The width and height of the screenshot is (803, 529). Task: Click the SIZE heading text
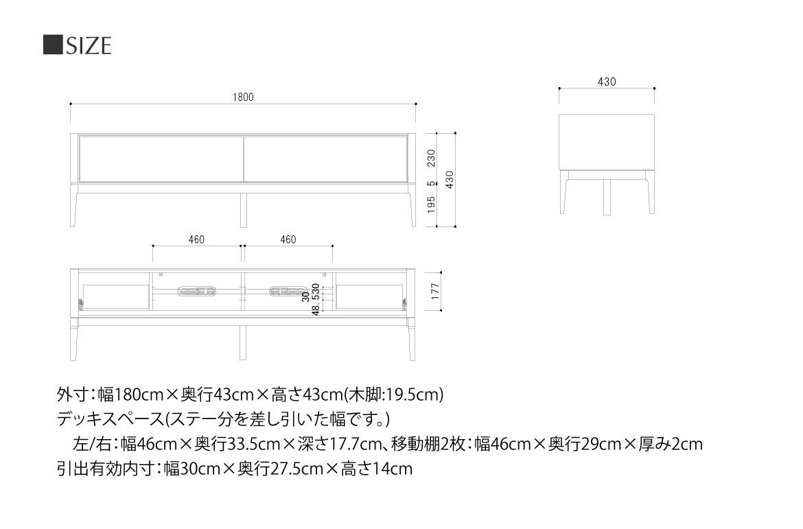click(x=89, y=45)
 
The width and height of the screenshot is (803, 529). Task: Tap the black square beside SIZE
click(x=53, y=45)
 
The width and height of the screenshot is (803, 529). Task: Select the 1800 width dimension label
click(x=243, y=97)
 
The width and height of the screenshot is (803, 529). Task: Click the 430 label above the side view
click(x=606, y=82)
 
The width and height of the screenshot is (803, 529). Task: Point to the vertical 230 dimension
click(x=431, y=158)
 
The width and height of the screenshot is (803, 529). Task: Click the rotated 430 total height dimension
click(x=450, y=180)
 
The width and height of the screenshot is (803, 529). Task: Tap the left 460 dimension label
click(x=196, y=239)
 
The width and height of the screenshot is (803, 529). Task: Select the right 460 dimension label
click(x=288, y=239)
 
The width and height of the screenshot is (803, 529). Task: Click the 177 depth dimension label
click(x=435, y=292)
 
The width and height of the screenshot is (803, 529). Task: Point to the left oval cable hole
click(x=197, y=292)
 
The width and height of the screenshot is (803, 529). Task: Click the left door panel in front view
click(x=161, y=158)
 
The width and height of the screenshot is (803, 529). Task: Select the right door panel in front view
click(x=326, y=158)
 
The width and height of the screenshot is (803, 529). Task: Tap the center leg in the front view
click(x=243, y=210)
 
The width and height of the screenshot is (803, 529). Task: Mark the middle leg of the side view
click(x=607, y=197)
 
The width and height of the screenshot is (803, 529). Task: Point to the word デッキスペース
click(x=110, y=419)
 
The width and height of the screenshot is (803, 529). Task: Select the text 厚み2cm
click(x=671, y=444)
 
